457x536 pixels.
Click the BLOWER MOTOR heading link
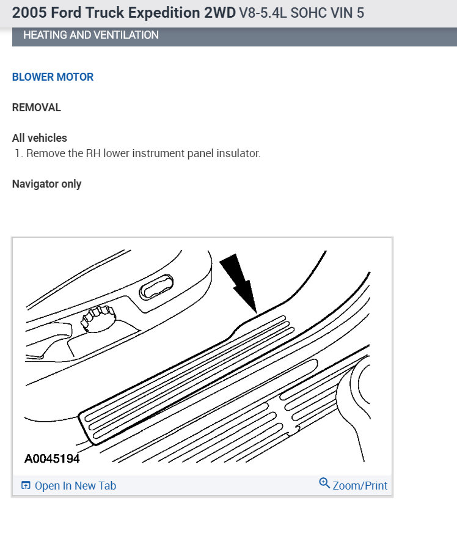[53, 77]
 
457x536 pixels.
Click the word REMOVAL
[37, 108]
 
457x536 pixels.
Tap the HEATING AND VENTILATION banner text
[91, 35]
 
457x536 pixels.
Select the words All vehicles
[40, 138]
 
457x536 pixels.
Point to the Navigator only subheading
[46, 184]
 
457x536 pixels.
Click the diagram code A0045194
[52, 458]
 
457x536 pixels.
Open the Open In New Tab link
[75, 486]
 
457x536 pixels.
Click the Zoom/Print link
[360, 486]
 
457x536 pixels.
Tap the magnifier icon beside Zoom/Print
[324, 483]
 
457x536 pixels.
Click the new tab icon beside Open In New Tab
[26, 486]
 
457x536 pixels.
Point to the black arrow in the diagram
[240, 282]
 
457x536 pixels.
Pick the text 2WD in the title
[221, 13]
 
